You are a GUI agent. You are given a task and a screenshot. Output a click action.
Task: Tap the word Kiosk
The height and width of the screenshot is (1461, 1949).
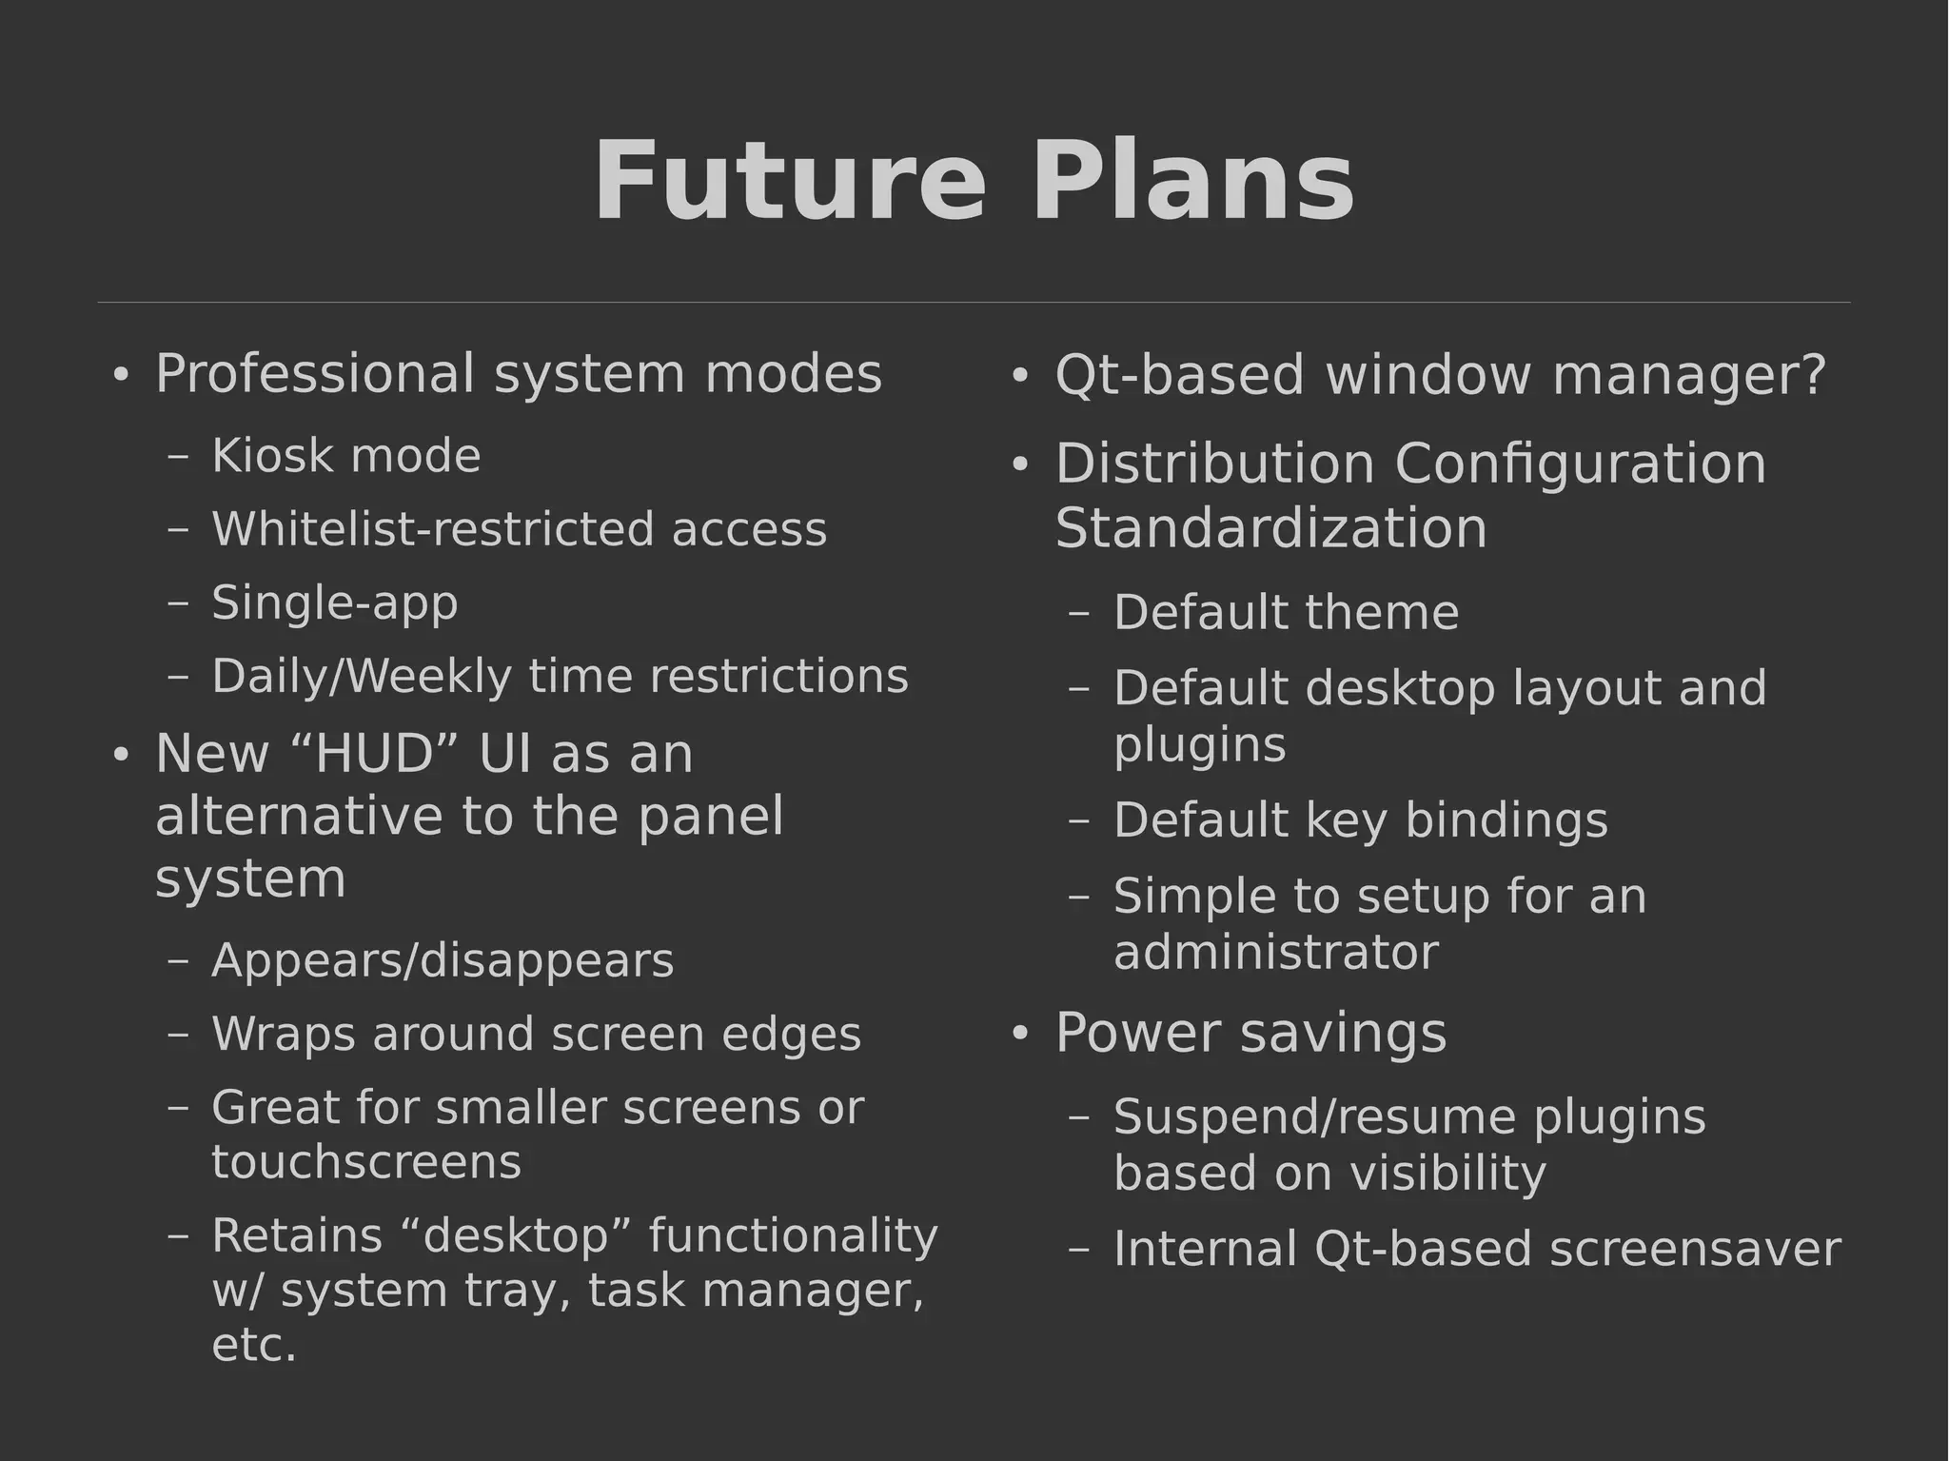pos(271,456)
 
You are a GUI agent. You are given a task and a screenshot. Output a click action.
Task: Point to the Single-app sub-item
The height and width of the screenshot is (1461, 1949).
pos(335,603)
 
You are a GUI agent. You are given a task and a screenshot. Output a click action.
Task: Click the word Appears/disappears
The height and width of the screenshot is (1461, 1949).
pos(443,960)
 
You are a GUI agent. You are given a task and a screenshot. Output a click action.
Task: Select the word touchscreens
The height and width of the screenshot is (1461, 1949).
pos(366,1162)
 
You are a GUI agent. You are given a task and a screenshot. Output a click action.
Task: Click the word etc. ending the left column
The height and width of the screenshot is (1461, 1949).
pos(254,1346)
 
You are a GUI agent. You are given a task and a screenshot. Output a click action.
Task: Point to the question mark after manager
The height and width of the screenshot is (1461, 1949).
pos(1813,374)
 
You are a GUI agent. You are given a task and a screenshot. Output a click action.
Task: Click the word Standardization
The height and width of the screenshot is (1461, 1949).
pos(1270,528)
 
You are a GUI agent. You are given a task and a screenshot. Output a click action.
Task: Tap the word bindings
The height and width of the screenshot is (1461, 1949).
pos(1506,820)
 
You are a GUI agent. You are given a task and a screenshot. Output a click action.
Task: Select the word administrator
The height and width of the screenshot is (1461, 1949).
pos(1275,953)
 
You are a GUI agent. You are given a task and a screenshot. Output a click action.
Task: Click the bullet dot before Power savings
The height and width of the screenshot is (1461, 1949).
pos(1020,1035)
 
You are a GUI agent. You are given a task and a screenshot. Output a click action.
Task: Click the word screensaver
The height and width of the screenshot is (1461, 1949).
pos(1695,1250)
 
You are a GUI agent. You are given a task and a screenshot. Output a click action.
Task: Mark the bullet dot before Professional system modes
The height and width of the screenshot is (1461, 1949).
pos(120,375)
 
